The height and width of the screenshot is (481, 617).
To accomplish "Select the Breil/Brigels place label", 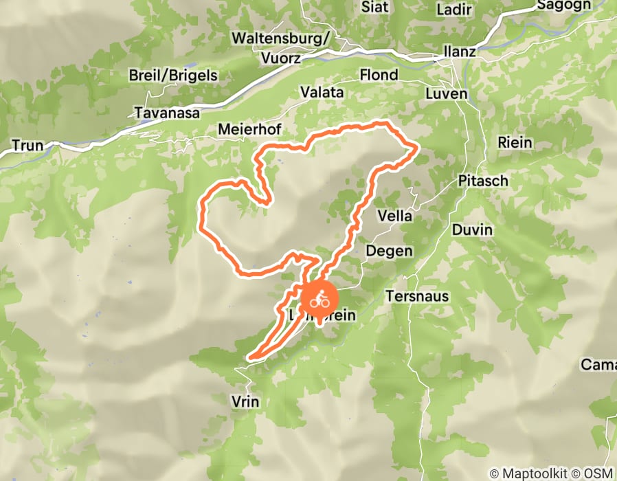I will (173, 75).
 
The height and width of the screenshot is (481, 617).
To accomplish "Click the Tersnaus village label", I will (417, 296).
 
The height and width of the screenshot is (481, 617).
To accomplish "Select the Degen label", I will (389, 250).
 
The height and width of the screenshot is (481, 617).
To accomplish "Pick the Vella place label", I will (395, 216).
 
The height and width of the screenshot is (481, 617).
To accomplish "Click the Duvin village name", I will (472, 230).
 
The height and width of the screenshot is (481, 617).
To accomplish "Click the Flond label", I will (379, 74).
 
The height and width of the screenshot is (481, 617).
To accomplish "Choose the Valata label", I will (322, 92).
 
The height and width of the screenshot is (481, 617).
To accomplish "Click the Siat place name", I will (374, 8).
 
